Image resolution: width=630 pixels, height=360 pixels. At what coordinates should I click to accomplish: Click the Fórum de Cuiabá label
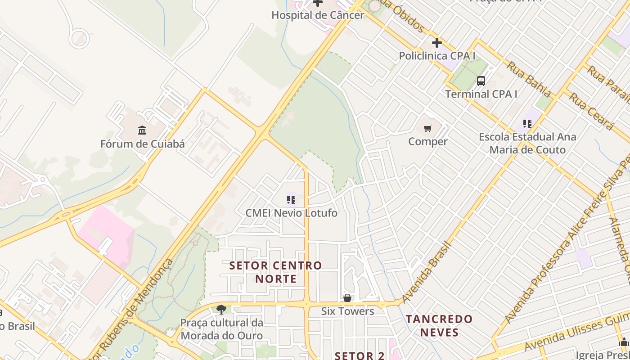tap(142, 144)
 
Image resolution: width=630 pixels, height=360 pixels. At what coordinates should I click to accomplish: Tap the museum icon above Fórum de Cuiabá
tap(142, 130)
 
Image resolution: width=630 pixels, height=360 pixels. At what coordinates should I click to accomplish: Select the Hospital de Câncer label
tap(318, 15)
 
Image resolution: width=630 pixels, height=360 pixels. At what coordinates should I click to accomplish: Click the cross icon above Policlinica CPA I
tap(436, 43)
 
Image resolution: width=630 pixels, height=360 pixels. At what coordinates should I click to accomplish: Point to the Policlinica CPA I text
tap(437, 56)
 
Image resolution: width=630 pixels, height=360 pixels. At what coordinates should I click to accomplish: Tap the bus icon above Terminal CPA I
tap(481, 81)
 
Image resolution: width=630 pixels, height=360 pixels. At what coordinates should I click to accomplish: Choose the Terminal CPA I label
tap(481, 94)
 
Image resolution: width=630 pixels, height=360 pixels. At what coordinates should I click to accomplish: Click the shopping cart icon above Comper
tap(427, 129)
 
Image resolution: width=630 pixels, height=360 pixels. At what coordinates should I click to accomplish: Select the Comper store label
tap(427, 142)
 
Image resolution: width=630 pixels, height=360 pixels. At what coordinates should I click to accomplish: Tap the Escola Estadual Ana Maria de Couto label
tap(527, 143)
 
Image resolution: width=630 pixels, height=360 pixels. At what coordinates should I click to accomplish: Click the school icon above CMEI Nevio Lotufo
tap(291, 199)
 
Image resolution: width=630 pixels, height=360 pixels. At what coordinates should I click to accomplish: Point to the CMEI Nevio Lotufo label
tap(291, 213)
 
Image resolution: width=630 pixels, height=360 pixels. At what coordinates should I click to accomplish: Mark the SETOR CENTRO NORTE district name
tap(276, 272)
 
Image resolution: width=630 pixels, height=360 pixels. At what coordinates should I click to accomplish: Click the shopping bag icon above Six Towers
tap(347, 298)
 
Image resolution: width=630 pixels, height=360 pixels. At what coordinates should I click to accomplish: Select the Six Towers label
tap(347, 311)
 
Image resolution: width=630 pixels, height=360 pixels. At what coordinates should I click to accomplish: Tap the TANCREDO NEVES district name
tap(439, 326)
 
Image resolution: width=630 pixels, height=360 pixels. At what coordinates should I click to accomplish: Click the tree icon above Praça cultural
tap(221, 309)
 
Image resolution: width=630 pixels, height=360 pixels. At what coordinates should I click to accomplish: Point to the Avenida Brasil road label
tap(427, 272)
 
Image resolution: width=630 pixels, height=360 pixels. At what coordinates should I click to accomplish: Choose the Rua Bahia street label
tap(529, 79)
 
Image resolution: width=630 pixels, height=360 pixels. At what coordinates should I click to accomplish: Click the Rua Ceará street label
tap(591, 111)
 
